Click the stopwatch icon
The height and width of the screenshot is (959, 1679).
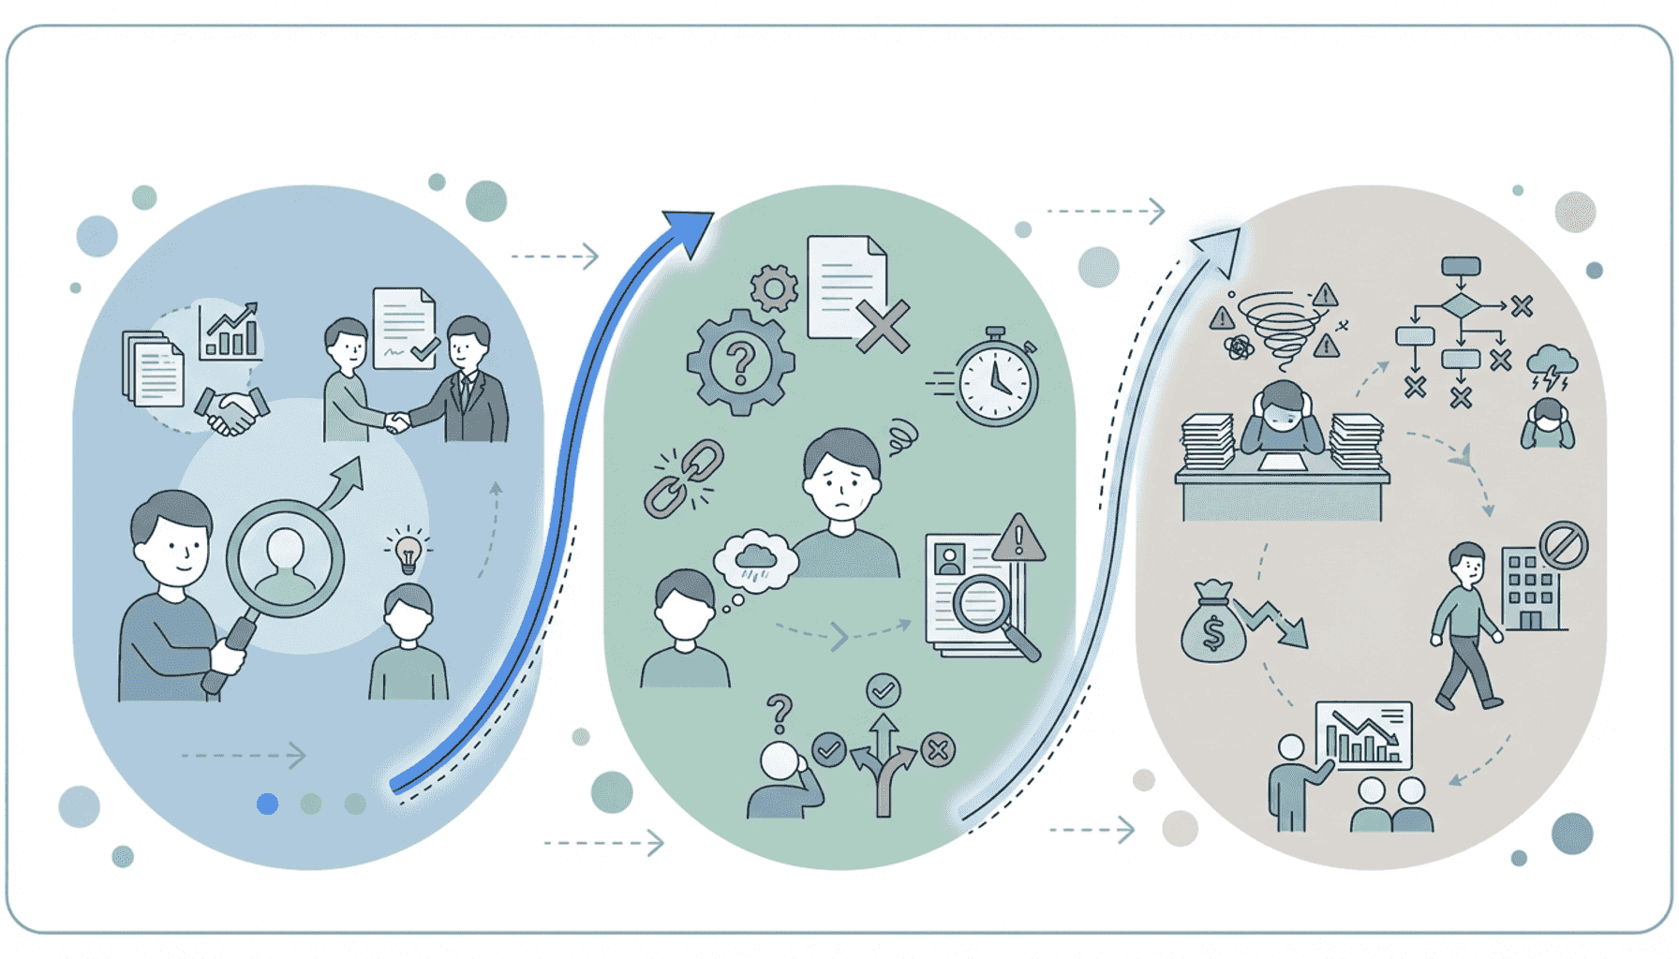click(996, 380)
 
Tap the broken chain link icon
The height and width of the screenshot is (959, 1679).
click(684, 479)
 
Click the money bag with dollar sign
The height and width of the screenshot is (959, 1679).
click(1212, 626)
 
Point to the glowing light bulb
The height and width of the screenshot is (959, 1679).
click(408, 553)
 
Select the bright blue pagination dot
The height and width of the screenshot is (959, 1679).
click(267, 804)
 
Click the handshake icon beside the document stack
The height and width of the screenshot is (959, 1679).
click(230, 410)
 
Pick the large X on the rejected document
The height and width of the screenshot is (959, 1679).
click(882, 326)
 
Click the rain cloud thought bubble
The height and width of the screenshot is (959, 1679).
click(755, 560)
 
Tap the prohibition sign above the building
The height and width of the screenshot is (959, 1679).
click(1564, 545)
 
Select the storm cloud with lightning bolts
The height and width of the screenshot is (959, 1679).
click(1552, 365)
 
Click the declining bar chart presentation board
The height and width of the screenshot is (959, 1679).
click(1364, 735)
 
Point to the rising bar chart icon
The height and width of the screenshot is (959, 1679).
click(230, 332)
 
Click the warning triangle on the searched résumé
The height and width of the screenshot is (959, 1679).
click(1018, 539)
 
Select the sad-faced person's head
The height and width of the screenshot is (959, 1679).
click(841, 473)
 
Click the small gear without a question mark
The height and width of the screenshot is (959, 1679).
click(774, 288)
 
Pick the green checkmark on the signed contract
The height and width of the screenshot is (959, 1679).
click(424, 348)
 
